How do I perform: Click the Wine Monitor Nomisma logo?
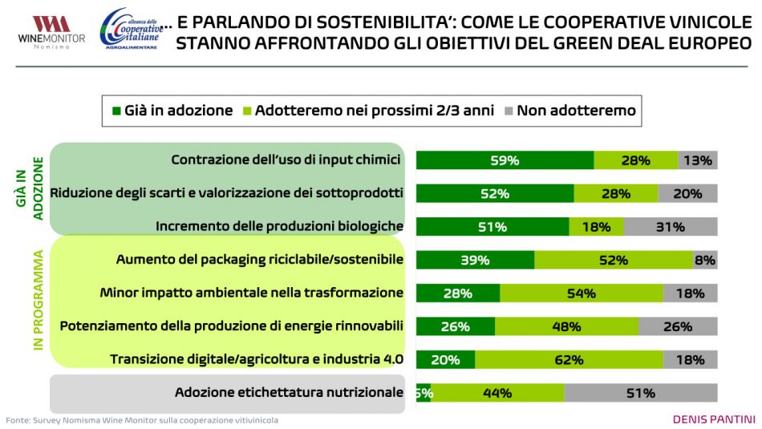point(44,32)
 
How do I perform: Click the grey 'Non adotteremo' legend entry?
point(569,111)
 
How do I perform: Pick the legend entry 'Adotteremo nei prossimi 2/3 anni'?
point(368,111)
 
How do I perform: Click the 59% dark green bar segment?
point(505,160)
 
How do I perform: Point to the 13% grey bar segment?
point(697,160)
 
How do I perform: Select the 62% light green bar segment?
point(569,360)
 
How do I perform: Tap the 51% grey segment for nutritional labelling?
point(640,393)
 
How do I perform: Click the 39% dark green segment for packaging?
point(475,260)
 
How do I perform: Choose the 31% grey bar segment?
point(670,227)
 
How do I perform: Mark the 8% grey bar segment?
point(705,260)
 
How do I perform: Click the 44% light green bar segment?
point(497,393)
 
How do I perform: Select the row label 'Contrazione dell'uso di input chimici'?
point(286,160)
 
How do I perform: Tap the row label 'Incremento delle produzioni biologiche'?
point(279,227)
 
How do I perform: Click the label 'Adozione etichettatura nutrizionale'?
point(289,393)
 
